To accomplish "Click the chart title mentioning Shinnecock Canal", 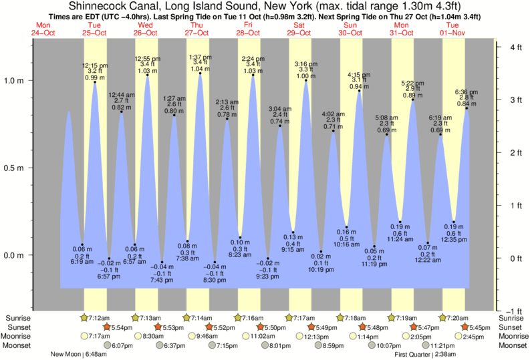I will coord(265,7).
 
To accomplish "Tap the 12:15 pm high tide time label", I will coord(94,65).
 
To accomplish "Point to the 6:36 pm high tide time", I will coord(467,92).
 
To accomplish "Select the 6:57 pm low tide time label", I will coord(108,276).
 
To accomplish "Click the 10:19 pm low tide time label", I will coord(321,270).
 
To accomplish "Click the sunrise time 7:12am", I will coord(98,317).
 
